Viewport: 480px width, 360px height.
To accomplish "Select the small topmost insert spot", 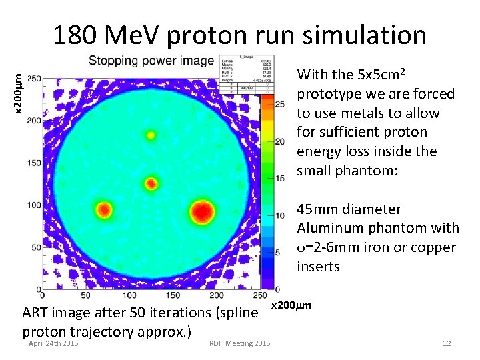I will (151, 135).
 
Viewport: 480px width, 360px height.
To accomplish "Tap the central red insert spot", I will (151, 183).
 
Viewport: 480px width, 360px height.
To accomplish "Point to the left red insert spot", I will (104, 211).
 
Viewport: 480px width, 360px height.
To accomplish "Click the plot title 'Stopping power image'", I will (151, 61).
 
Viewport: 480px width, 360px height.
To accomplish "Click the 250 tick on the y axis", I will (33, 79).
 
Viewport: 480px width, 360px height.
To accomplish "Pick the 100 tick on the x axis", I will (129, 295).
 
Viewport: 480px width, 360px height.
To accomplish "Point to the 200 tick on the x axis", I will (215, 295).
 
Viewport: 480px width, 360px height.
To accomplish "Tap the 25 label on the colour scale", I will (281, 104).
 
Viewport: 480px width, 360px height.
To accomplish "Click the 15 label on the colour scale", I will (281, 178).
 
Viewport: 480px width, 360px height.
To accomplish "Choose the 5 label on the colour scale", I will (284, 253).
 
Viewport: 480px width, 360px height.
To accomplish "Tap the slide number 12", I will (446, 343).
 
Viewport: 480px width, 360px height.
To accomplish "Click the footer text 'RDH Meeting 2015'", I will (239, 343).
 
